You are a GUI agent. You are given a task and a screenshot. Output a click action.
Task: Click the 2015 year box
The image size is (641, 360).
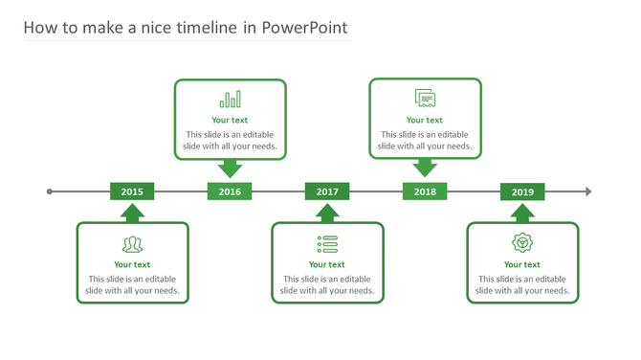(132, 191)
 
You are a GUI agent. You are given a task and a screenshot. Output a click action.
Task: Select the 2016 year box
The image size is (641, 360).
(230, 191)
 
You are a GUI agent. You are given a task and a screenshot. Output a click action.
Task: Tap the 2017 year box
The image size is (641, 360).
(327, 191)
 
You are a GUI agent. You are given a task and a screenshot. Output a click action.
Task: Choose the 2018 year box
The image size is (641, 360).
(425, 191)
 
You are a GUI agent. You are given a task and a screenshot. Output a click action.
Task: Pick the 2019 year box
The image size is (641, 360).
(522, 191)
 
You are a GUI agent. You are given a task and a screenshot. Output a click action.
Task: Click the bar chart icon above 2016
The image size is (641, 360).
(230, 100)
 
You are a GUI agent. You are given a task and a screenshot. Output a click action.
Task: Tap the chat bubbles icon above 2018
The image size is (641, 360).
(425, 98)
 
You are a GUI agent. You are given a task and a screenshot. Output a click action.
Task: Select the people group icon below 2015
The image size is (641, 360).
(132, 243)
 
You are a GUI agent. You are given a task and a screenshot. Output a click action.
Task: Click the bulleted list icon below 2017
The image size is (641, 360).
(327, 243)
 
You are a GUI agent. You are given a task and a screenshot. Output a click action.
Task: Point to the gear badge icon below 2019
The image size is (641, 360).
(522, 242)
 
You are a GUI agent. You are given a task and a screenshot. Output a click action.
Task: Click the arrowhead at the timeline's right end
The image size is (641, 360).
(588, 191)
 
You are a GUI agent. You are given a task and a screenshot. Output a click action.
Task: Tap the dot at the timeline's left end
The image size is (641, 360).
(50, 191)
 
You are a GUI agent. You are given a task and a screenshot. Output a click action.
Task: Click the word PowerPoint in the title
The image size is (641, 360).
(304, 28)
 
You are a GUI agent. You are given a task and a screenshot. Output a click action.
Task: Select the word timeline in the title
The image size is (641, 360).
(201, 28)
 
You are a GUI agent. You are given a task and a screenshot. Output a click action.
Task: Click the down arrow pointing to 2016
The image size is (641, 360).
(230, 169)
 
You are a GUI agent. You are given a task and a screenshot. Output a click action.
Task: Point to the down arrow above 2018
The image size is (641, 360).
(425, 169)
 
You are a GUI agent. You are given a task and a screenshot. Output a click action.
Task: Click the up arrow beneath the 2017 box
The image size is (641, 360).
(327, 213)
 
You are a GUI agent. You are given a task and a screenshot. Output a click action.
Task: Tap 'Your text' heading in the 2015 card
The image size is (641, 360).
(132, 265)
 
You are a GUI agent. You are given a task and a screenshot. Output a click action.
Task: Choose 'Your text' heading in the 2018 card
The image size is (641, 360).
(425, 121)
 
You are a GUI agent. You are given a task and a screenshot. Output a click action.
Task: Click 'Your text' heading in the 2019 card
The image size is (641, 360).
(522, 265)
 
